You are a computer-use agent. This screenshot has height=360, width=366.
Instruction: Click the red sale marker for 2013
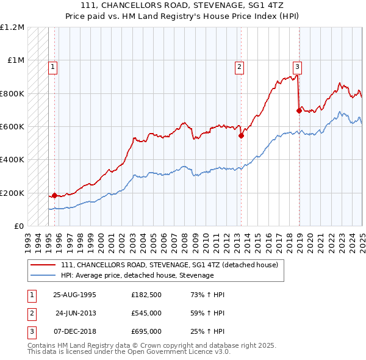[x=241, y=135]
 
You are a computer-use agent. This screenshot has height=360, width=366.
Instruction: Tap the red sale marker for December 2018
[x=299, y=110]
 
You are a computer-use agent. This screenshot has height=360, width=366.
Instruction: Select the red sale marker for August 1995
[x=54, y=195]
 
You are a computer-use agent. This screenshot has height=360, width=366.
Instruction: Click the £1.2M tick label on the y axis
[x=12, y=27]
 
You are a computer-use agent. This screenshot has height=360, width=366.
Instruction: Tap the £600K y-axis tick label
[x=12, y=127]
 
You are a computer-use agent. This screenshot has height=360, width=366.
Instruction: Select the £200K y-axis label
[x=12, y=193]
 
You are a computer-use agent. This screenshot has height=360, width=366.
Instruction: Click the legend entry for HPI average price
[x=137, y=275]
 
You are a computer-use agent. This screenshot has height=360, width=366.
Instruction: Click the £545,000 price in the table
[x=146, y=313]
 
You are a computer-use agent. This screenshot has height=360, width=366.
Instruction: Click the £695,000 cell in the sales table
[x=146, y=331]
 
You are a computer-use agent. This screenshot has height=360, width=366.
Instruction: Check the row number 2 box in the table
[x=30, y=313]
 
